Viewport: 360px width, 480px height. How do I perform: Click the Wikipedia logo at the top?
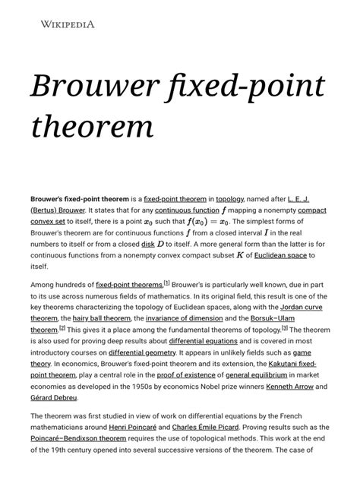68,24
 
